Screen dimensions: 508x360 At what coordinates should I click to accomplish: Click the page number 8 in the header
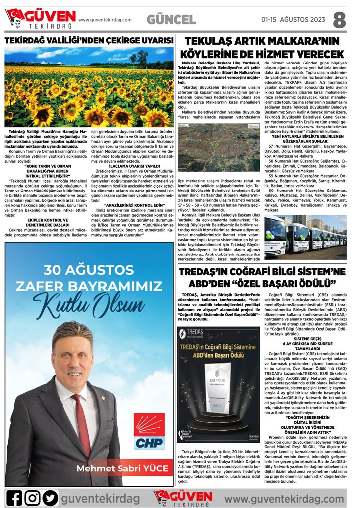[340, 20]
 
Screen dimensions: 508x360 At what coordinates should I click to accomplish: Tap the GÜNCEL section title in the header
[171, 20]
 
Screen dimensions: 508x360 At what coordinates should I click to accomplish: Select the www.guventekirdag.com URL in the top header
[105, 20]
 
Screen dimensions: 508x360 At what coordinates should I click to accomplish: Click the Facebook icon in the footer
[14, 497]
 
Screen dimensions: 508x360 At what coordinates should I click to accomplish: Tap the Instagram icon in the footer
[32, 497]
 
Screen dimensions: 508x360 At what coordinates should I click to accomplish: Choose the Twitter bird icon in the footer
[50, 497]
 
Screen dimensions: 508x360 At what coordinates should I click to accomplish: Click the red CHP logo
[149, 431]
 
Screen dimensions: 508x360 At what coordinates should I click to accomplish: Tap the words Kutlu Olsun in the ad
[89, 301]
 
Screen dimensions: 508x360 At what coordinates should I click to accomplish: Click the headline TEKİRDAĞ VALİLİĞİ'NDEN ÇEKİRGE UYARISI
[89, 40]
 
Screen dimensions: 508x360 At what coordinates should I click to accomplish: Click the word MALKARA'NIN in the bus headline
[307, 41]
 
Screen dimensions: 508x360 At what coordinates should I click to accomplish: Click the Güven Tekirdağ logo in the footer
[183, 497]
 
